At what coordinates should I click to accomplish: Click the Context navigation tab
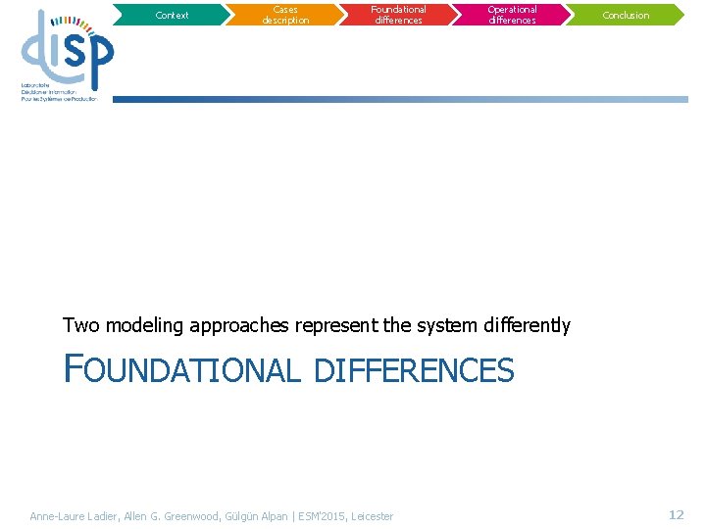coord(172,15)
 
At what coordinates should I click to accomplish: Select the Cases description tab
coord(285,15)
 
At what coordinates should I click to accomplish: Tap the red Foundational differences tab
coord(399,15)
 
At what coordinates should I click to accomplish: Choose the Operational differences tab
coord(513,15)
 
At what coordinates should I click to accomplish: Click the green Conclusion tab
coord(626,15)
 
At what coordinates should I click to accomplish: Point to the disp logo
coord(67,54)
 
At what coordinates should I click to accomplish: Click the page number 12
coord(676,514)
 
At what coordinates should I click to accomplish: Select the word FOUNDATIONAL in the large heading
coord(181,370)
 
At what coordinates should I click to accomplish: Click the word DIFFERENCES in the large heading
coord(414,370)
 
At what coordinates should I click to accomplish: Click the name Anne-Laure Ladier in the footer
coord(74,516)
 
